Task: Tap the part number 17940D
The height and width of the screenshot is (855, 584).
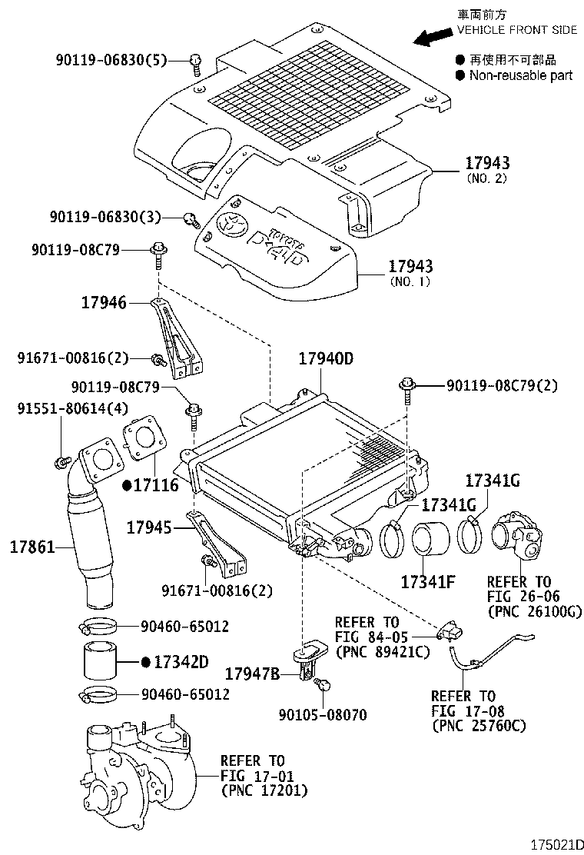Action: click(x=325, y=359)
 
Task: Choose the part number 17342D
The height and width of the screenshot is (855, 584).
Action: click(x=176, y=661)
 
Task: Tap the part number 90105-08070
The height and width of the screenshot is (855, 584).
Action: click(x=322, y=715)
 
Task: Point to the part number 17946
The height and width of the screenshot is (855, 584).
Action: click(x=104, y=303)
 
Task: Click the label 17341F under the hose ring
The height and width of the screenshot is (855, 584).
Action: click(x=427, y=581)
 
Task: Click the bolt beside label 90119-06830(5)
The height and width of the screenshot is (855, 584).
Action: click(x=195, y=62)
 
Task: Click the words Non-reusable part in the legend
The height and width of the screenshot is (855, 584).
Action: click(x=520, y=75)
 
